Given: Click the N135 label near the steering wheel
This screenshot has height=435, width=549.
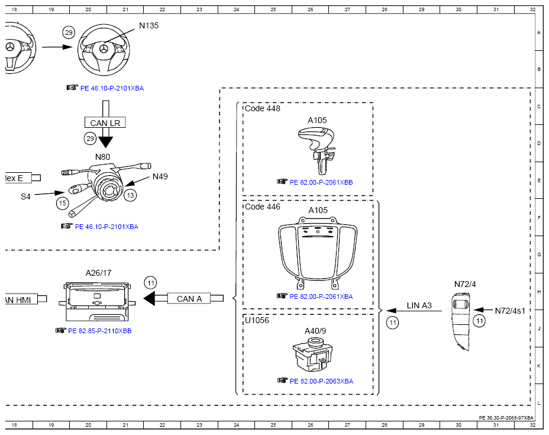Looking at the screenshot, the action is coord(149,25).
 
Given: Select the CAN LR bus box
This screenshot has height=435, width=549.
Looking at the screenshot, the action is coord(105,123).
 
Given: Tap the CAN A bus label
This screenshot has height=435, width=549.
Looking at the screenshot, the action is coord(189,299).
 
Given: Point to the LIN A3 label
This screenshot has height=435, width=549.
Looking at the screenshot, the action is coord(419,305).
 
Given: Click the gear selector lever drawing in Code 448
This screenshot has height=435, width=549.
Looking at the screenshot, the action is coord(317,150).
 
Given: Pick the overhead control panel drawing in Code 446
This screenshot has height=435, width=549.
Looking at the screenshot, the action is coord(318,253).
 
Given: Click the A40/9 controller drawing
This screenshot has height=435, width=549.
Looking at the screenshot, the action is coord(313,355).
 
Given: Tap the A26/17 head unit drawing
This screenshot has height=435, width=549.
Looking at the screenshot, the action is coord(97,302).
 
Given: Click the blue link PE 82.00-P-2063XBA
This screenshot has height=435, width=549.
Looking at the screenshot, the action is coord(321,381).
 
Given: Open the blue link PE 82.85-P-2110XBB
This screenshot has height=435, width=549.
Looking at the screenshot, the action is coord(100,331).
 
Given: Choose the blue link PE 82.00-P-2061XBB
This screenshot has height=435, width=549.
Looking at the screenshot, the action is coord(321,182).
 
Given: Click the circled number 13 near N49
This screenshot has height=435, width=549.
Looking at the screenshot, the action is coord(130,195).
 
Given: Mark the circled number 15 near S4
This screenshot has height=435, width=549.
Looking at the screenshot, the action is coord(63,203).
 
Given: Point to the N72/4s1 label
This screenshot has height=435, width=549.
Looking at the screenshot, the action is coord(510,311).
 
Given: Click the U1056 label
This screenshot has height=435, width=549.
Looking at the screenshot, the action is coord(257,320).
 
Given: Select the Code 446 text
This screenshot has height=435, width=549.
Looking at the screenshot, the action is coord(263,207).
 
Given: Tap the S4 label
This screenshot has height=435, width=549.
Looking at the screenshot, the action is coord(25,196).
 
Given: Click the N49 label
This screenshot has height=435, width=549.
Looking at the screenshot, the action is coord(160,176).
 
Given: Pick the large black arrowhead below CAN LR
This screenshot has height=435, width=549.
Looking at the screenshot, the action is coord(105,142).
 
